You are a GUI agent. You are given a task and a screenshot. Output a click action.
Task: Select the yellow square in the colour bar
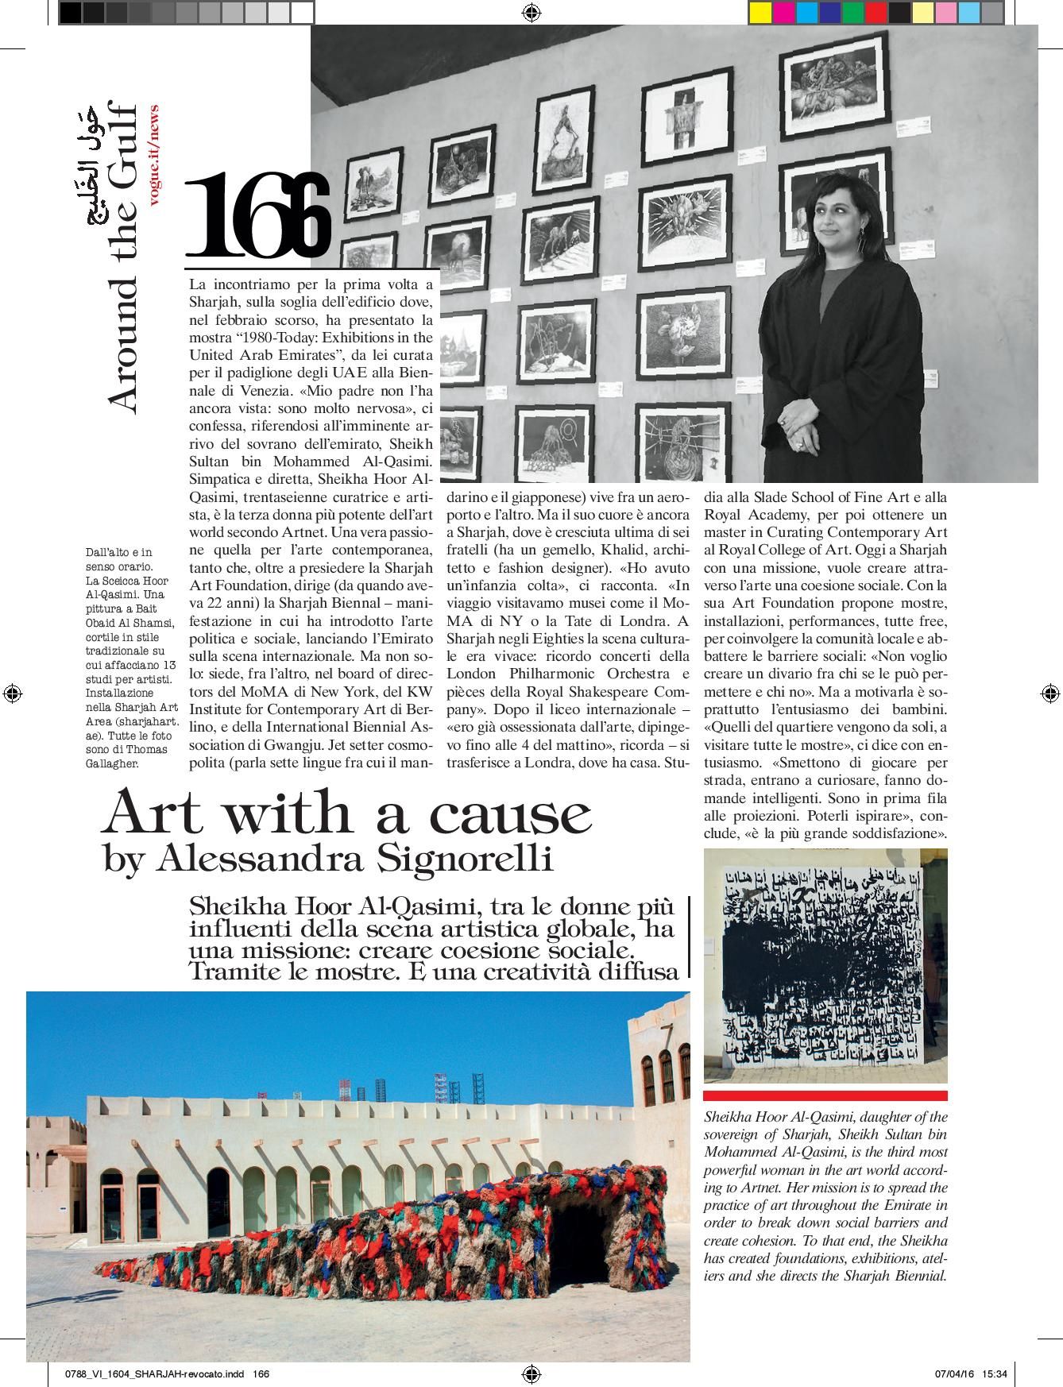click(760, 12)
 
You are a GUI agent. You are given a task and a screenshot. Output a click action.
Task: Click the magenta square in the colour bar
click(783, 12)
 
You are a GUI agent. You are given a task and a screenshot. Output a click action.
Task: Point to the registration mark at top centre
click(531, 12)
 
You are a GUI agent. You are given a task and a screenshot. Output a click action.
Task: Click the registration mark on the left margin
click(12, 693)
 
